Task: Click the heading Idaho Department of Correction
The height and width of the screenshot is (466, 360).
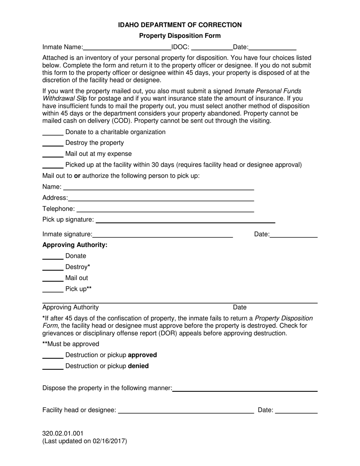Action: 180,25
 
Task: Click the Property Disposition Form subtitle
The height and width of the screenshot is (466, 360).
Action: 180,36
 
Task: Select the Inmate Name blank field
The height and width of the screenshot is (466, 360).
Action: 127,48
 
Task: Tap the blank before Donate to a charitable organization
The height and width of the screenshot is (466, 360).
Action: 53,133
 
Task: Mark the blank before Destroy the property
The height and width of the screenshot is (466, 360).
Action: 53,144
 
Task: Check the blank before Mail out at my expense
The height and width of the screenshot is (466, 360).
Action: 53,155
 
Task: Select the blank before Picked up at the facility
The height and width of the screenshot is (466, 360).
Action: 53,166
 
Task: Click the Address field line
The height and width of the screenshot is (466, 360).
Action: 161,198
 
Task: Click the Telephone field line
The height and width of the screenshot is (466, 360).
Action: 165,209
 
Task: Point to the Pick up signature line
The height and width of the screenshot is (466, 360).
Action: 186,220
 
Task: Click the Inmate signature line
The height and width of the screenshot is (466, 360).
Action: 163,235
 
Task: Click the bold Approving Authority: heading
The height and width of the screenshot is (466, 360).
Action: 75,245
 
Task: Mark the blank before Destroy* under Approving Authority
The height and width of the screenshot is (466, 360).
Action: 53,268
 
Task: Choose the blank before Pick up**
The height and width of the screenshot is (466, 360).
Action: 53,290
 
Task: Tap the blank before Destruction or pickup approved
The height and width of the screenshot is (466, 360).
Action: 53,356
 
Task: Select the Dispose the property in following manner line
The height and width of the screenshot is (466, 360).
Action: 245,389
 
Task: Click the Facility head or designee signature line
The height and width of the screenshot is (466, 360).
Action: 186,411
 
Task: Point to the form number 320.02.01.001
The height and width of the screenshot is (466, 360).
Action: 63,433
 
